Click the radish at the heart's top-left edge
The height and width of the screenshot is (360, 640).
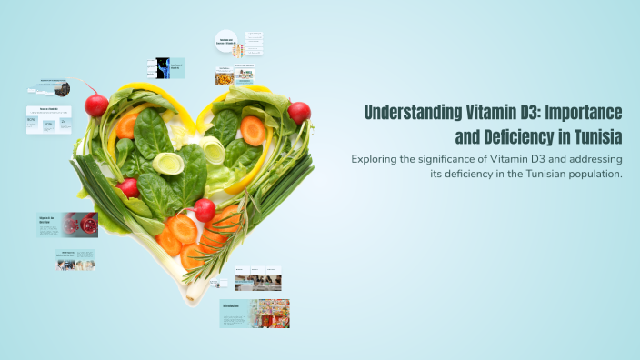pos(96,105)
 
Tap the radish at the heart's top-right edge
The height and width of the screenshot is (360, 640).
pos(299,113)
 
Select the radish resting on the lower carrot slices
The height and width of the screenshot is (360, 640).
pos(205,211)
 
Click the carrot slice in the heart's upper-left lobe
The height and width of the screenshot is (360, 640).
pos(129,125)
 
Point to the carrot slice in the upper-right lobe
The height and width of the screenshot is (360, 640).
pos(254,132)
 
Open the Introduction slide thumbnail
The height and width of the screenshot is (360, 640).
pos(255,314)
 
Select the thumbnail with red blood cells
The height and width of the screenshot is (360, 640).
pos(80,224)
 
